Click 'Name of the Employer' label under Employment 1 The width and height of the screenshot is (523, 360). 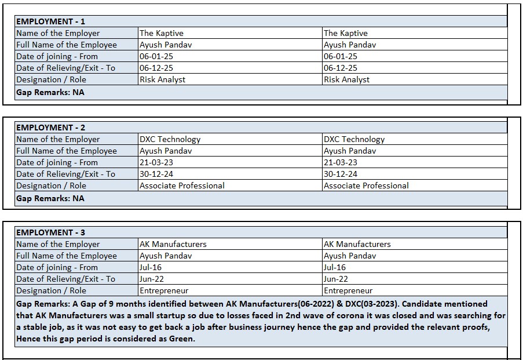tap(58, 33)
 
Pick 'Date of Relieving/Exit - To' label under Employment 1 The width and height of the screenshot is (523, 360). tap(65, 68)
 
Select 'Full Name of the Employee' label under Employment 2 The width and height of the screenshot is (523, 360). tap(67, 151)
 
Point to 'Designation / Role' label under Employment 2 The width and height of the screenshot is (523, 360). tap(51, 186)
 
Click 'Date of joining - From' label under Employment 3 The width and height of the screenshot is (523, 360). tap(57, 267)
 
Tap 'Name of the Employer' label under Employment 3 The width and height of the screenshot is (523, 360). tap(58, 244)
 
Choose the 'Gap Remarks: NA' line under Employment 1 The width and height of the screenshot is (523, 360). tap(50, 92)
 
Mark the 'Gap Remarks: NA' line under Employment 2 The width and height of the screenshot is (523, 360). tap(50, 198)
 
